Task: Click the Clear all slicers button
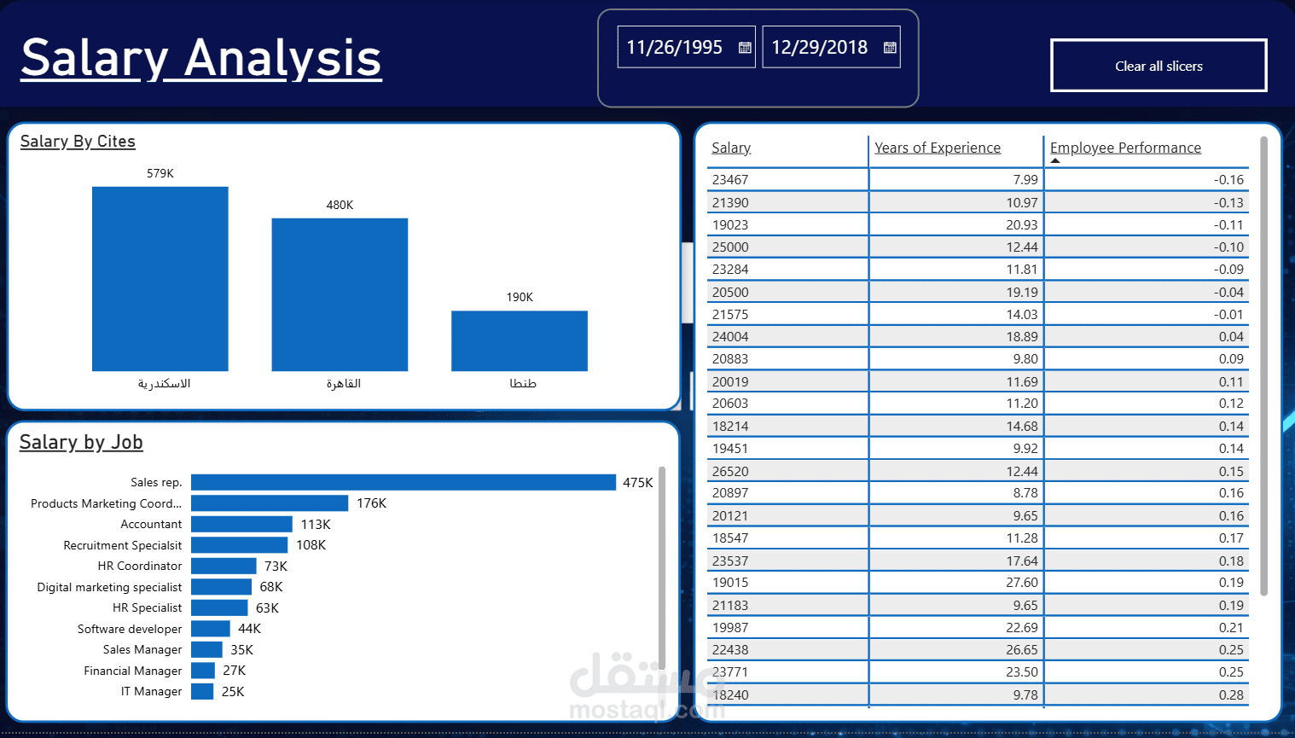[1159, 66]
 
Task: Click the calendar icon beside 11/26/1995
[745, 48]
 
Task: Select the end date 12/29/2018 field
[819, 48]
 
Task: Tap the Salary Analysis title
[201, 58]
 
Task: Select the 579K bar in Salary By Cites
[160, 278]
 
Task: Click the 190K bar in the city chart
[519, 340]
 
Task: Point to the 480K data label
[340, 205]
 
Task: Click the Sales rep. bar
[403, 483]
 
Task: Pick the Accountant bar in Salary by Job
[241, 524]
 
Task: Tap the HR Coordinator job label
[140, 566]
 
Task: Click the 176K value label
[371, 503]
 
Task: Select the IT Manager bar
[202, 691]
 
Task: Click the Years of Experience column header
[937, 148]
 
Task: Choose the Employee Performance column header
[1125, 148]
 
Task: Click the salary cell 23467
[730, 180]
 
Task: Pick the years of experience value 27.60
[1021, 583]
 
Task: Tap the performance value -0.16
[1228, 180]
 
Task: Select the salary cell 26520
[730, 471]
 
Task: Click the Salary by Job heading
[81, 442]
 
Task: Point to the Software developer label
[130, 629]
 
